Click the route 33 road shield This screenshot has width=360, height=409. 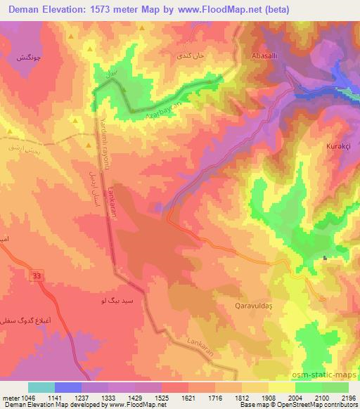tap(37, 276)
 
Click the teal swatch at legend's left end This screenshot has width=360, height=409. tap(41, 387)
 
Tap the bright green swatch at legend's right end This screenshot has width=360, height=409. tap(335, 387)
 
